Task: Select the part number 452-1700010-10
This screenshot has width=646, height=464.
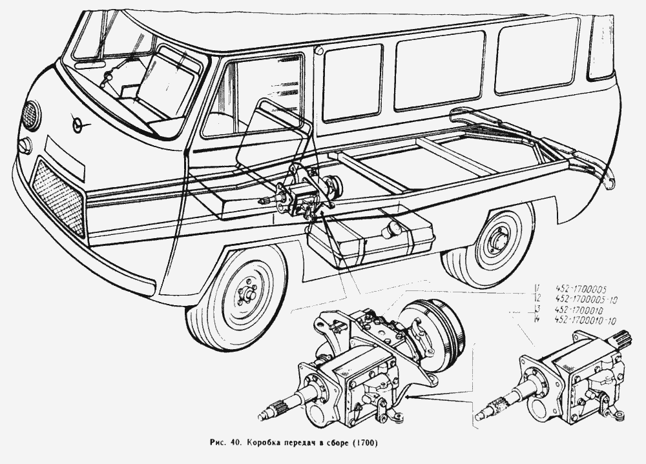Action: [587, 320]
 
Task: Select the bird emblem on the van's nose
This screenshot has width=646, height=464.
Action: [79, 122]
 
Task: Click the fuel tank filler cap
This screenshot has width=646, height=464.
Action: [390, 229]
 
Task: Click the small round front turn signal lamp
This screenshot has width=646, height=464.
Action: [25, 146]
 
